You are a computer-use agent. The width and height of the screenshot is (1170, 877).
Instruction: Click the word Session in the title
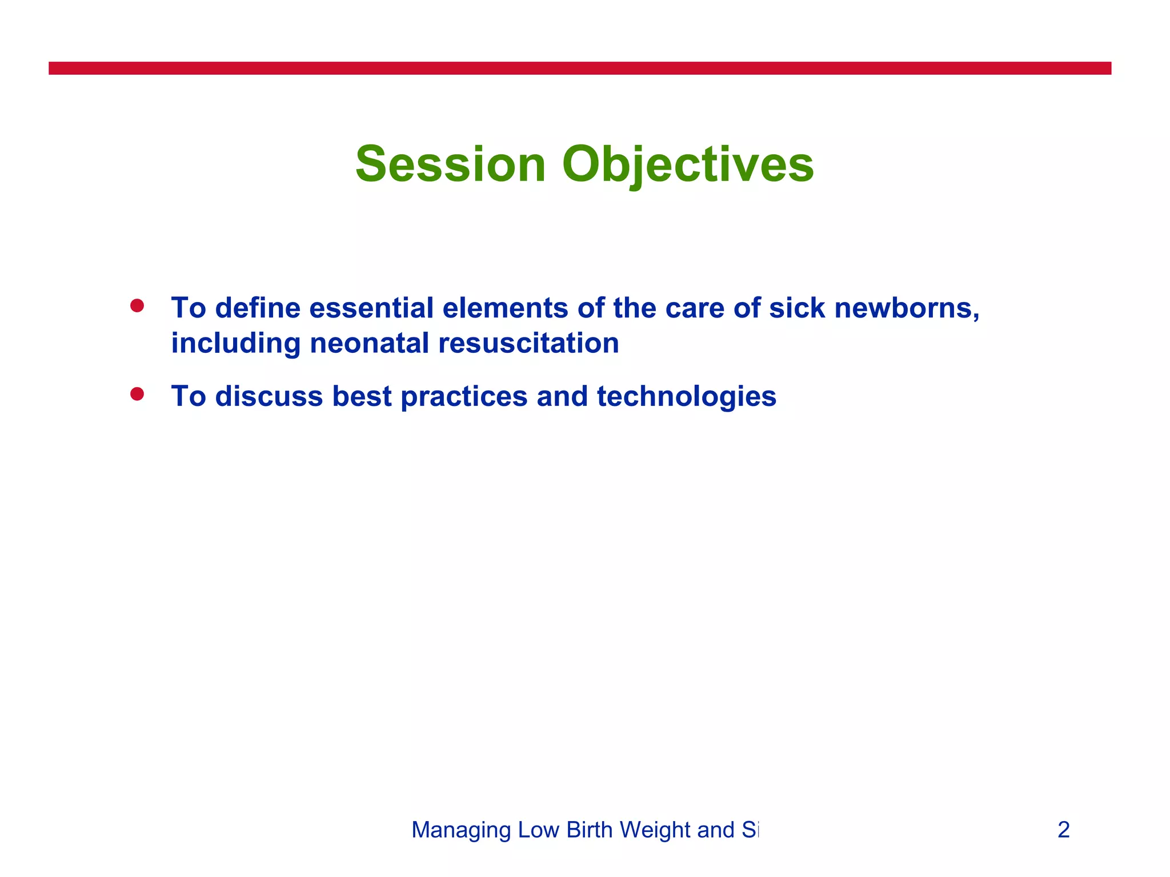pyautogui.click(x=451, y=164)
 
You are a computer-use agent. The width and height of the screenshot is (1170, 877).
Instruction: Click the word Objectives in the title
pyautogui.click(x=687, y=164)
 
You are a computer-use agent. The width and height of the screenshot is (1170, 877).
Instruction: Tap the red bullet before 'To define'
pyautogui.click(x=137, y=306)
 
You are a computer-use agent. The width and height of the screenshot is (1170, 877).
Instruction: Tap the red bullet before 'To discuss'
pyautogui.click(x=137, y=394)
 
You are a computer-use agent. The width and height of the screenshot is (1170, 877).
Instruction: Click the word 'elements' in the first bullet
pyautogui.click(x=504, y=308)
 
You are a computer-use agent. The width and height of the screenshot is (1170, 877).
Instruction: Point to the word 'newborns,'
pyautogui.click(x=907, y=308)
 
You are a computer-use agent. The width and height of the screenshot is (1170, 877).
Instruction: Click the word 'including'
pyautogui.click(x=236, y=344)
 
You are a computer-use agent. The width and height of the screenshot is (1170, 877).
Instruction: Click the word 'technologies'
pyautogui.click(x=686, y=396)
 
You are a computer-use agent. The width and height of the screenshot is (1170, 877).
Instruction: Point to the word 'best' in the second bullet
pyautogui.click(x=362, y=396)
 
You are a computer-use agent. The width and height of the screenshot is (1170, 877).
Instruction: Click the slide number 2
pyautogui.click(x=1063, y=830)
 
